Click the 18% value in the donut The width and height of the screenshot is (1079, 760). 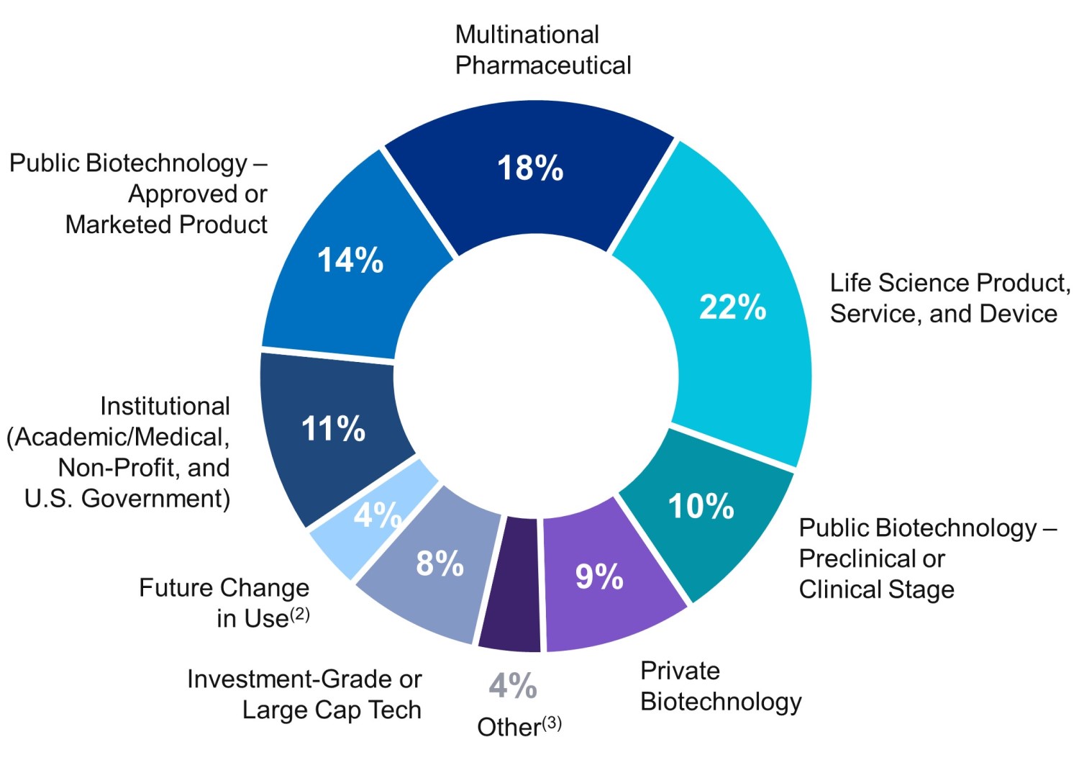tap(530, 168)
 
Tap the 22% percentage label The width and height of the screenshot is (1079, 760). tap(732, 307)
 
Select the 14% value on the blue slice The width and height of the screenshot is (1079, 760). tap(350, 260)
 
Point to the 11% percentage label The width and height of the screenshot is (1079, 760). tap(333, 429)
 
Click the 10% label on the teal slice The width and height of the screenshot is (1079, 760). tap(701, 506)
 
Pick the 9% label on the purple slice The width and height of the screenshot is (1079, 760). tap(599, 576)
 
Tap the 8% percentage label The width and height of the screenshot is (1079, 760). tap(440, 564)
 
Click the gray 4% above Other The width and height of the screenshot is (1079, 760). tap(512, 686)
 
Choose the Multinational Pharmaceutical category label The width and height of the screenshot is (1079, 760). tap(542, 50)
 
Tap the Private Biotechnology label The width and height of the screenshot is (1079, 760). tap(720, 686)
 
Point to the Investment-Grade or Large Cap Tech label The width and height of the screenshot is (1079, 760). tap(304, 695)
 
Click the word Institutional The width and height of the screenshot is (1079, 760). tap(165, 406)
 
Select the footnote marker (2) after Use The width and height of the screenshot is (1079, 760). tap(299, 614)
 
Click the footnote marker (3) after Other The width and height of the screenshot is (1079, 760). tap(552, 723)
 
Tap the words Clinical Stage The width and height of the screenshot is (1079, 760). tap(876, 589)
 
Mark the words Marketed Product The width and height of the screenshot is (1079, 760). tap(166, 225)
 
